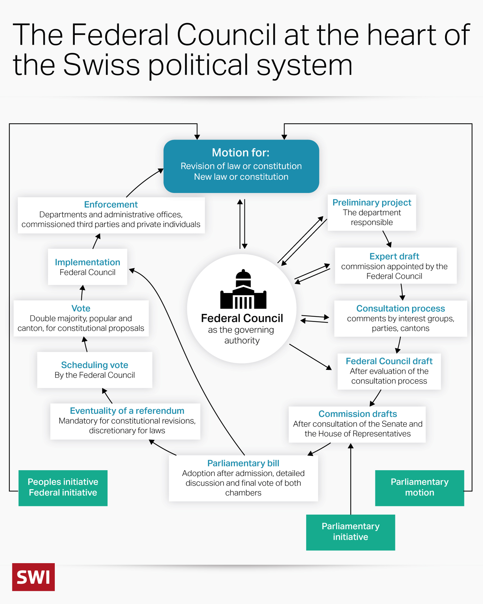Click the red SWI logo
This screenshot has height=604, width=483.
click(33, 577)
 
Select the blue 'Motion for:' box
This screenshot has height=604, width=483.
click(241, 166)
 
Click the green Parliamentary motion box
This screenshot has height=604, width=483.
click(419, 488)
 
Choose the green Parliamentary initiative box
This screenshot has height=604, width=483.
click(350, 532)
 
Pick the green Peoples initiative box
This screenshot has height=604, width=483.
click(63, 488)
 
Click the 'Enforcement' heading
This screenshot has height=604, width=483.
click(111, 205)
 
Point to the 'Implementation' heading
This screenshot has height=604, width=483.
click(87, 262)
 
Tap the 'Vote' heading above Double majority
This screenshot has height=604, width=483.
click(81, 308)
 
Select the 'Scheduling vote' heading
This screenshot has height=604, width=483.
click(95, 365)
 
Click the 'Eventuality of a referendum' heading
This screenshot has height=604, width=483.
click(127, 411)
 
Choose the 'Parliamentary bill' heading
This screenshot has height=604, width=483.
click(243, 463)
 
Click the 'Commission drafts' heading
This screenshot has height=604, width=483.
click(357, 414)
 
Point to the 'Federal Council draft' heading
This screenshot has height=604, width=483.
click(389, 361)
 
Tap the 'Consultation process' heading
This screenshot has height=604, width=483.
click(401, 308)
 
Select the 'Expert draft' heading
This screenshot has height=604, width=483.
click(394, 256)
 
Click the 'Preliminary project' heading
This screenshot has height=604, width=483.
click(372, 203)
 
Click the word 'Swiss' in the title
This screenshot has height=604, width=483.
click(101, 65)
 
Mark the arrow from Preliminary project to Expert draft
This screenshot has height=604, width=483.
click(387, 239)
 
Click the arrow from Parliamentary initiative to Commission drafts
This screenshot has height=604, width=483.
click(351, 479)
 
